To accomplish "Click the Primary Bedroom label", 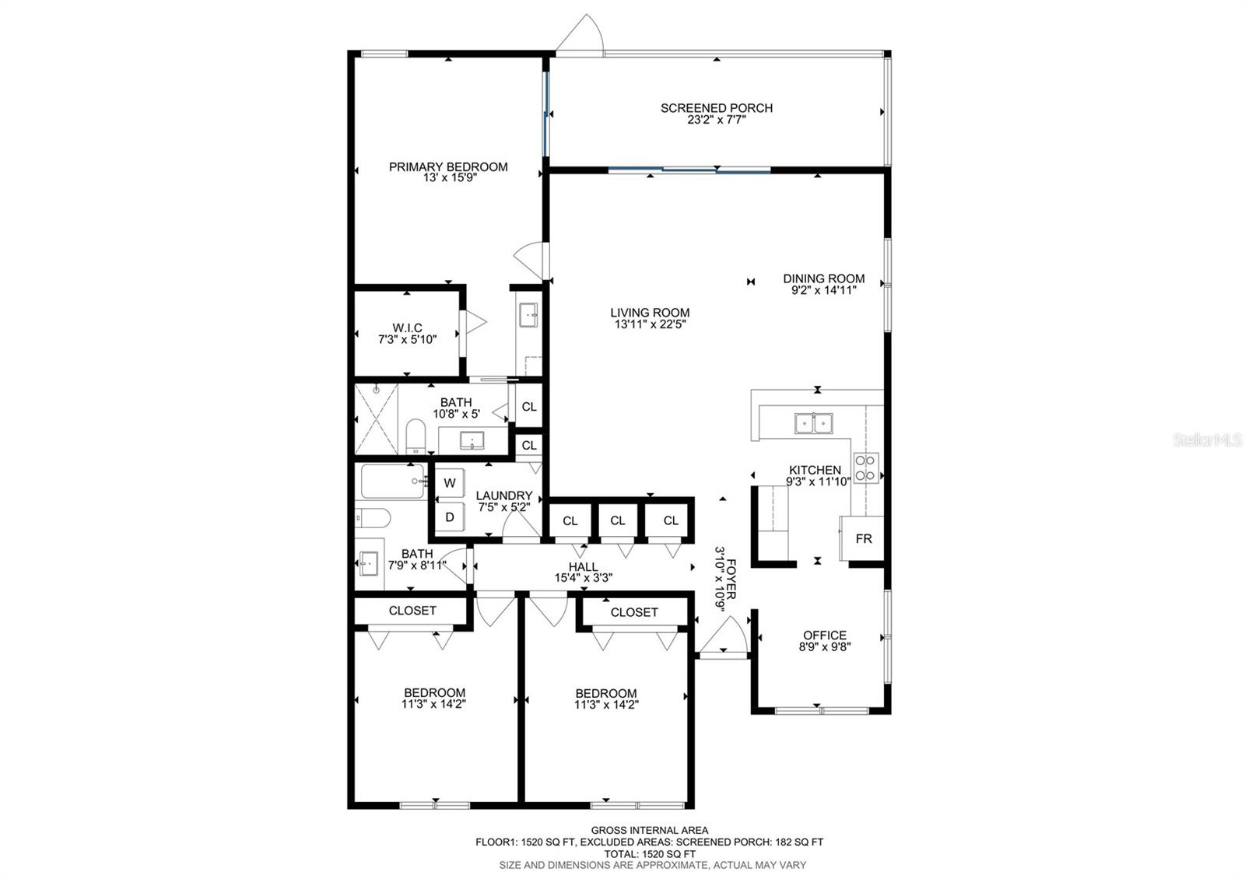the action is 448,166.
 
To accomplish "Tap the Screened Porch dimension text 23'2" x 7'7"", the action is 717,120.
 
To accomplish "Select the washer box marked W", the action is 450,482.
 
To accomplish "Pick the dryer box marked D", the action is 450,517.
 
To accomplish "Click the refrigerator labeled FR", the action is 863,538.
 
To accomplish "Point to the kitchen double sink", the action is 814,423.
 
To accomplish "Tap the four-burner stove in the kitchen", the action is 866,468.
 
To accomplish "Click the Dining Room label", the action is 824,278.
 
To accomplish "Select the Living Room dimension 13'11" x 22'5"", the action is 651,324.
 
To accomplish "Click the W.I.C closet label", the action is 408,327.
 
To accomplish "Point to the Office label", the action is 825,635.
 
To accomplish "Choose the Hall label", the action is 583,567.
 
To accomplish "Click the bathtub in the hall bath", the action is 394,482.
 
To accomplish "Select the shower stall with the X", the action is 377,419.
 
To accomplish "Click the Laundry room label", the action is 504,496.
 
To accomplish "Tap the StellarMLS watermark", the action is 1207,440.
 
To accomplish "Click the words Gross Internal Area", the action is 649,830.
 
